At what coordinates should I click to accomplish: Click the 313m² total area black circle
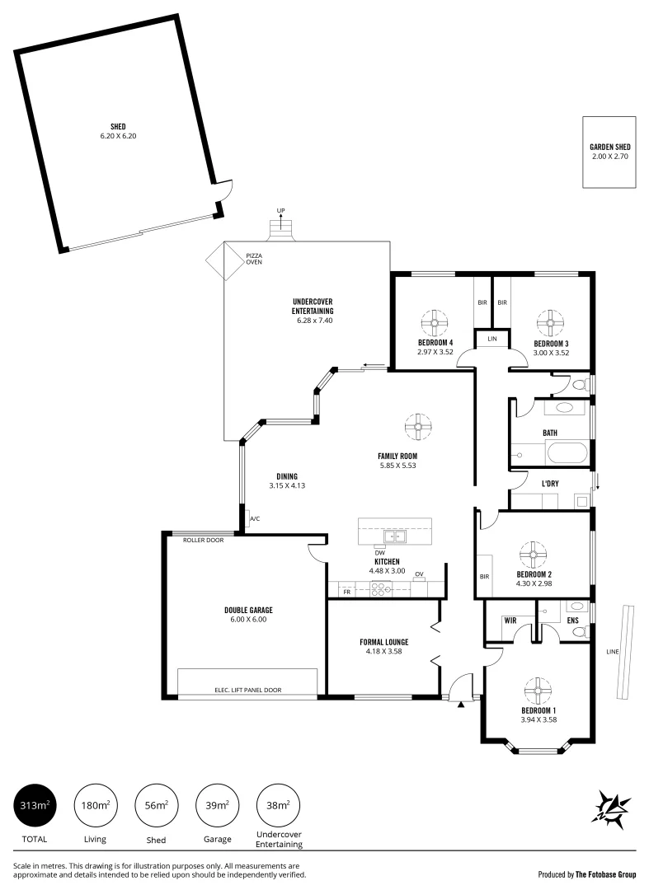[34, 805]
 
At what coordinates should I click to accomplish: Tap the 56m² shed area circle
[156, 805]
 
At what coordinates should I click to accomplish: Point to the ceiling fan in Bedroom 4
[435, 320]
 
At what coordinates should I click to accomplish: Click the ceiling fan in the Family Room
[418, 426]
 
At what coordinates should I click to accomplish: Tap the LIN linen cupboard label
[492, 339]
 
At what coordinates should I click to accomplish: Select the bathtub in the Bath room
[566, 453]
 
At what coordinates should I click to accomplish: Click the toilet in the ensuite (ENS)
[581, 631]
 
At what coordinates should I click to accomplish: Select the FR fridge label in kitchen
[347, 592]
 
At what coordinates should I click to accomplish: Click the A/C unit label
[255, 519]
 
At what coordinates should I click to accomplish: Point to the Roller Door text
[204, 541]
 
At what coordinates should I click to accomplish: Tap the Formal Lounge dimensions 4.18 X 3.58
[383, 652]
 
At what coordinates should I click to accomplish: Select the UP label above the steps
[280, 212]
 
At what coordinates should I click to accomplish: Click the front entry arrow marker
[461, 705]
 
